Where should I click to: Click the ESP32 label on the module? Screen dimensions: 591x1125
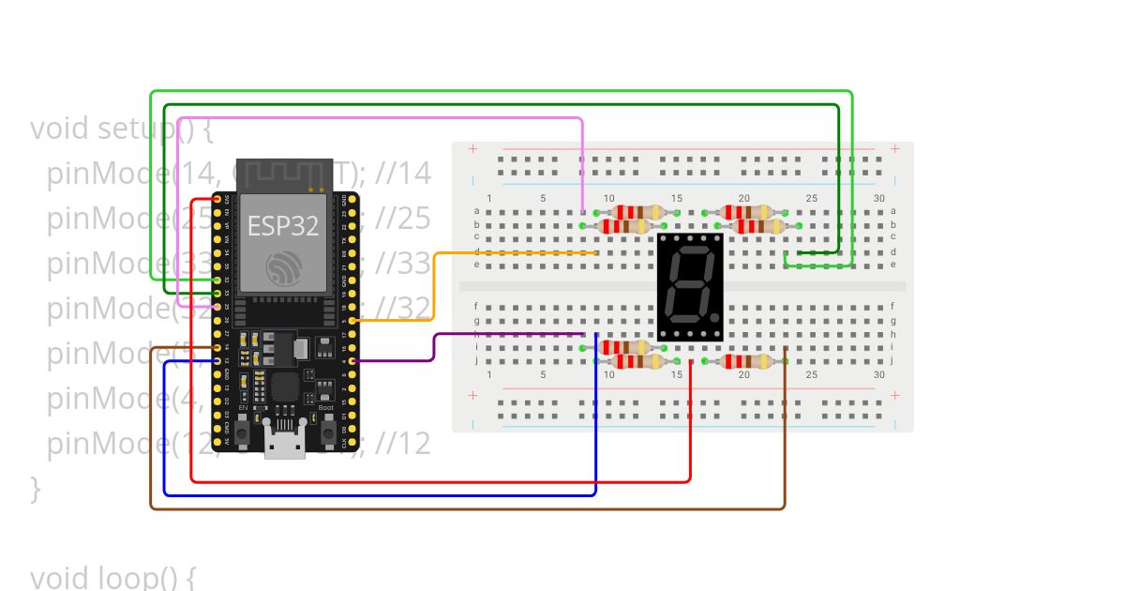(283, 226)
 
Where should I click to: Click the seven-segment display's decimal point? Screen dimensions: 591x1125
(714, 319)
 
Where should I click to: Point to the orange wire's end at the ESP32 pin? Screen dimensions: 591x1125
(352, 321)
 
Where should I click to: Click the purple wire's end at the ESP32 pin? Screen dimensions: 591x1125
(352, 360)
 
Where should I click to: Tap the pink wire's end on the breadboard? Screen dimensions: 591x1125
(583, 212)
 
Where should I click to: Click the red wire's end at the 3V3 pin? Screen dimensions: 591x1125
(217, 200)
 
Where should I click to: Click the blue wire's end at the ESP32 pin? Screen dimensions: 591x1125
(217, 360)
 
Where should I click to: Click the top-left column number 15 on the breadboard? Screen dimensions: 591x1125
(677, 198)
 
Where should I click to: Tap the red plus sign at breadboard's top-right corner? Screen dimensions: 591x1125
(895, 148)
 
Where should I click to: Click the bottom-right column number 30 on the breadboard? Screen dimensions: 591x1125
(878, 374)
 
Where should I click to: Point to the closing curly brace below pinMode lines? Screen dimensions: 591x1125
(36, 488)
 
